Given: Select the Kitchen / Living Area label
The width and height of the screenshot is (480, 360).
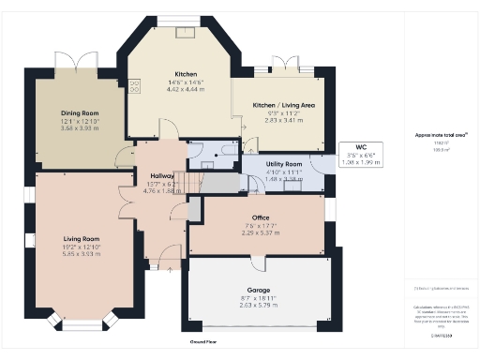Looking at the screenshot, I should pyautogui.click(x=283, y=105).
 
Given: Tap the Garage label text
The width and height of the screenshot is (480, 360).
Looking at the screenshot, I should pyautogui.click(x=259, y=290).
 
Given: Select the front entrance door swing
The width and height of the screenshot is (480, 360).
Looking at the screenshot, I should pyautogui.click(x=170, y=256).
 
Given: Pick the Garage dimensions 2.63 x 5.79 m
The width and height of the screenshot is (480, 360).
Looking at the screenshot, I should pyautogui.click(x=259, y=305).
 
